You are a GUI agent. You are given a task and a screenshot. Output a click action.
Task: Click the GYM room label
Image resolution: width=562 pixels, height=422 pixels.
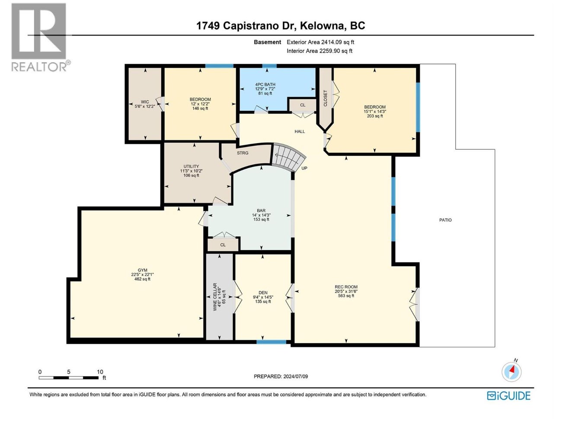point(142,270)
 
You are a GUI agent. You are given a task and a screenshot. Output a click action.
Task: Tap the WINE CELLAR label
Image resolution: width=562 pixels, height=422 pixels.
point(215,296)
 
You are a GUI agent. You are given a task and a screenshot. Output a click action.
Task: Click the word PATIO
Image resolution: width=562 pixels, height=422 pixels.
point(445,220)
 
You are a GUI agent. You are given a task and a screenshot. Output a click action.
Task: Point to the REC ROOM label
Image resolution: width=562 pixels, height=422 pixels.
point(346,287)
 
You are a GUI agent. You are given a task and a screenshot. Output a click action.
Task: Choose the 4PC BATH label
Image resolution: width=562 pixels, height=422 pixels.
point(265,84)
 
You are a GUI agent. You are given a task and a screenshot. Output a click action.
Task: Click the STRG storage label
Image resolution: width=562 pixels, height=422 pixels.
point(243,153)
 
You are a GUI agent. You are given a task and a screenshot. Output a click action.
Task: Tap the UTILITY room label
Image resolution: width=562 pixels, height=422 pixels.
point(191,166)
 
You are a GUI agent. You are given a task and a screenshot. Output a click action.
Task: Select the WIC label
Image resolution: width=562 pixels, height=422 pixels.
point(144,102)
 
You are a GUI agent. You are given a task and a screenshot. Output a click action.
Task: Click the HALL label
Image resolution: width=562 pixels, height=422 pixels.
point(300,132)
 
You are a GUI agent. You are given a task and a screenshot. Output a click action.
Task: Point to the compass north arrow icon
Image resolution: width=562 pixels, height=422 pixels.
point(512,372)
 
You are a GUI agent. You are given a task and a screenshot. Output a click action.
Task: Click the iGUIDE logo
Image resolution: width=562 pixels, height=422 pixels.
point(508,395)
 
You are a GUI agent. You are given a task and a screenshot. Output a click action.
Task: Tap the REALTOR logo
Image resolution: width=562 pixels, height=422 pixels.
point(39,37)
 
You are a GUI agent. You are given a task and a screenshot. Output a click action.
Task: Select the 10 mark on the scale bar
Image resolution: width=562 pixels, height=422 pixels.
point(100,372)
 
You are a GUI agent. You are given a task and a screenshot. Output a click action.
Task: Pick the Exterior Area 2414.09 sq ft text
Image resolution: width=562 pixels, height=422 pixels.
point(320,42)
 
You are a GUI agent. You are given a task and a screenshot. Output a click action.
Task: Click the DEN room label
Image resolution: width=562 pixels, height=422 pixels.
point(263,293)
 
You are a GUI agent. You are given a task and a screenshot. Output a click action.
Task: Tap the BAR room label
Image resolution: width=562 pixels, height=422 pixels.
point(261,211)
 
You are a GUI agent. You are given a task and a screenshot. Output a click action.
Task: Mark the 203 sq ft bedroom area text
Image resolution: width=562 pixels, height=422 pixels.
point(375,116)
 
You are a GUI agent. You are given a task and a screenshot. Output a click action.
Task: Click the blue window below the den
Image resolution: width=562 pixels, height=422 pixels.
point(271,342)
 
